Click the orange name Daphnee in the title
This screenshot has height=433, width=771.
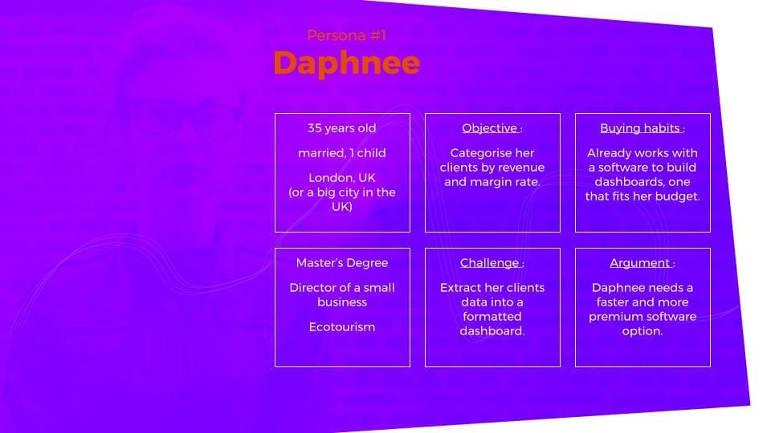(346, 63)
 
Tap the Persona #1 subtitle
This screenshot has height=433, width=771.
(346, 35)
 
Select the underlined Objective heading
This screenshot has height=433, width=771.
(490, 128)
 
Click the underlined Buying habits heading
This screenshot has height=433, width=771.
(641, 128)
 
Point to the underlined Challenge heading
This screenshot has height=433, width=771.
(490, 263)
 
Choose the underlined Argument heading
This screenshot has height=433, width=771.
(640, 263)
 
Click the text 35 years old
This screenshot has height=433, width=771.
(341, 128)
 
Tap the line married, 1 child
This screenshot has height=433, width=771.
(341, 153)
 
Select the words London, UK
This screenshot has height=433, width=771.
(341, 178)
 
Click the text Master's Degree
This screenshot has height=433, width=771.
(341, 263)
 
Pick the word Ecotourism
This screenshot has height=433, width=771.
(341, 327)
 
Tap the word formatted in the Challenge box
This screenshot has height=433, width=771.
(492, 317)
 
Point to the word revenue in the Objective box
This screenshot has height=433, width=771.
(518, 168)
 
